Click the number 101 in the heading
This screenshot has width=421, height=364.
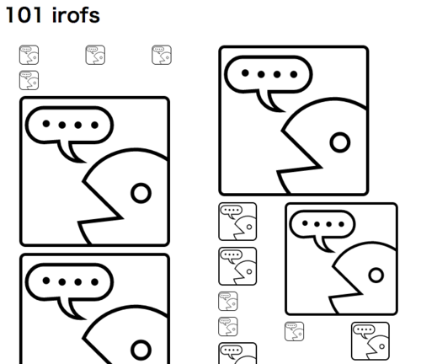pyautogui.click(x=24, y=15)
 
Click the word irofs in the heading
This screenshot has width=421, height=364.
pyautogui.click(x=76, y=15)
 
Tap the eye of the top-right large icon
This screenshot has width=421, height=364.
pyautogui.click(x=340, y=142)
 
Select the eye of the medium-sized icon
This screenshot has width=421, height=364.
pyautogui.click(x=376, y=275)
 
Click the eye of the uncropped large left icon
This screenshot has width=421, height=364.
pyautogui.click(x=141, y=193)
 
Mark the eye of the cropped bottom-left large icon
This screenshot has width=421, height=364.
pyautogui.click(x=141, y=350)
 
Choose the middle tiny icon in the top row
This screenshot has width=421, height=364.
pyautogui.click(x=95, y=55)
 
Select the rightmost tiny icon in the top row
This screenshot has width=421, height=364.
pyautogui.click(x=162, y=55)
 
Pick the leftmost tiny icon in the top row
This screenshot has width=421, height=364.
pyautogui.click(x=29, y=55)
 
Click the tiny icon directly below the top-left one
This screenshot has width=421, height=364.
pyautogui.click(x=29, y=80)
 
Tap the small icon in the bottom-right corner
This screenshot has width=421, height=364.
pyautogui.click(x=370, y=341)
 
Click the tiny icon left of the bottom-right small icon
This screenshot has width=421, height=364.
pyautogui.click(x=294, y=331)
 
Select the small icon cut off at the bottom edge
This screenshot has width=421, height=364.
pyautogui.click(x=237, y=353)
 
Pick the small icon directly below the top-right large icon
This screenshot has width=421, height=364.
pyautogui.click(x=237, y=222)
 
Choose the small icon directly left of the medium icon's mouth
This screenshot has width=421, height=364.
pyautogui.click(x=237, y=266)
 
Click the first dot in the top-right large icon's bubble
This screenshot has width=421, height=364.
pyautogui.click(x=245, y=73)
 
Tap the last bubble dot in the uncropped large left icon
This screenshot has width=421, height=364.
pyautogui.click(x=95, y=125)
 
